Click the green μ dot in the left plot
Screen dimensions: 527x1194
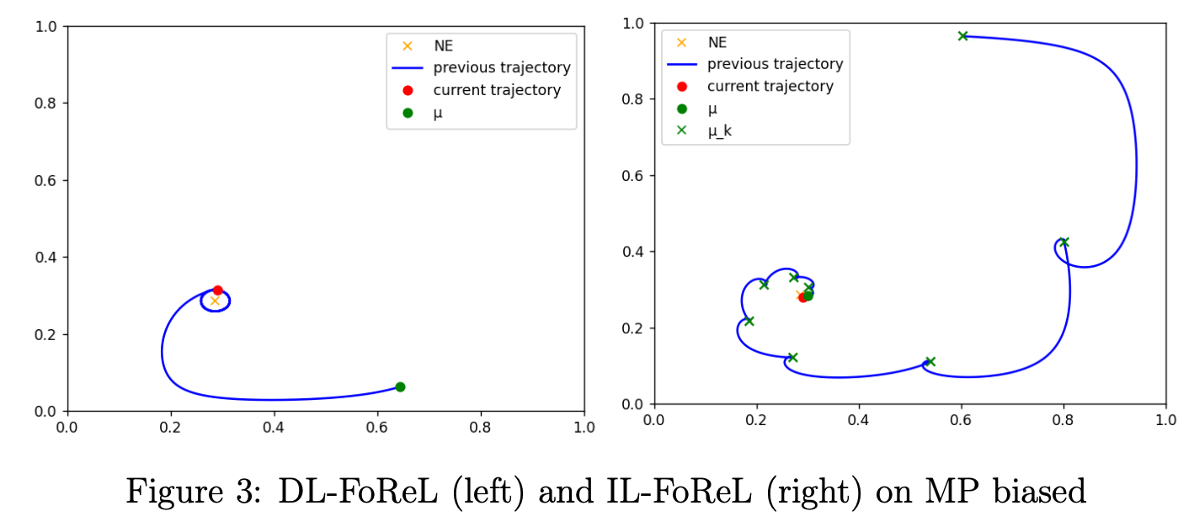point(400,386)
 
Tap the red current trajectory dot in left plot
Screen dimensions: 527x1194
point(218,290)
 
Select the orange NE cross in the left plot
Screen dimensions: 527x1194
point(214,301)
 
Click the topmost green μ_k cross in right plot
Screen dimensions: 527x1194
point(962,35)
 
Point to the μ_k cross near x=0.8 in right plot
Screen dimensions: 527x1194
point(1063,242)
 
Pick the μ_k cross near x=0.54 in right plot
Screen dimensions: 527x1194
point(930,361)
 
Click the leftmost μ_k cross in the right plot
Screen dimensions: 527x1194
point(749,321)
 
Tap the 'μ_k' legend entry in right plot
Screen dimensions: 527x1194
point(719,130)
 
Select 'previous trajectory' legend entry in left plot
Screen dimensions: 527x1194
point(502,67)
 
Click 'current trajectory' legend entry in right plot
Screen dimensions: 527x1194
point(770,86)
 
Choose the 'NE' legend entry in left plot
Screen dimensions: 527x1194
point(443,46)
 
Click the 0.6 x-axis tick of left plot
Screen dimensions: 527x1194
point(377,427)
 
